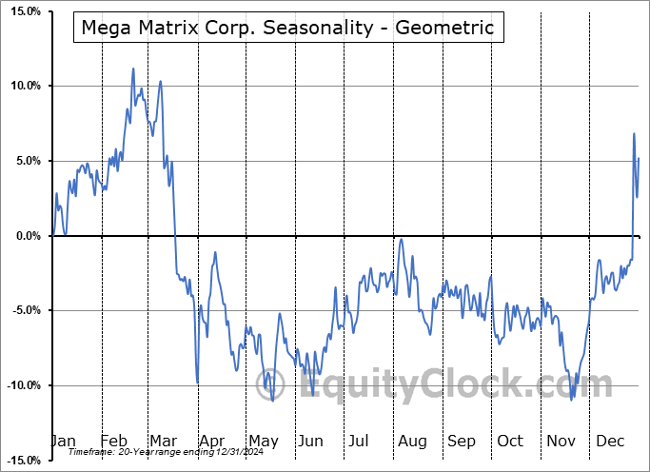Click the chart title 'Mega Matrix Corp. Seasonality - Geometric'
pos(288,28)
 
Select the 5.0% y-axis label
pos(28,161)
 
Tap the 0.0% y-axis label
pos(28,236)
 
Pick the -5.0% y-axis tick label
pos(26,310)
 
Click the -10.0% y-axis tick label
pos(23,385)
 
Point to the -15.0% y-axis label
pos(23,460)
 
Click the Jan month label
pos(63,441)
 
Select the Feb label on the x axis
pos(113,441)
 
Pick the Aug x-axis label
pos(412,441)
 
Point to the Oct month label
pos(510,441)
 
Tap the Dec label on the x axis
pos(610,441)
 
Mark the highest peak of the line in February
pos(133,69)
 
